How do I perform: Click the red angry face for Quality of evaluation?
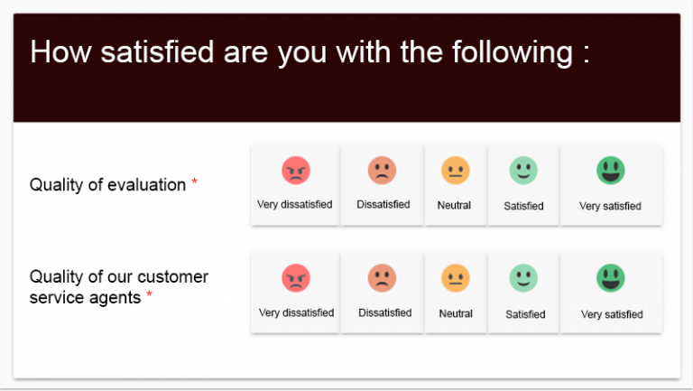295,170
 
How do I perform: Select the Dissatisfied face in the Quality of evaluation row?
382,170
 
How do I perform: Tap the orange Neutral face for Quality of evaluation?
455,170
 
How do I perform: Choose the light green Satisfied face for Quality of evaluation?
523,170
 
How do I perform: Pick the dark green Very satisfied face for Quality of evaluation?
611,170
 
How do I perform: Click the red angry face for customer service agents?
295,277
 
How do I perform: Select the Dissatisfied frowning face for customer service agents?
383,277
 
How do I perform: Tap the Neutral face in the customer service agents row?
456,277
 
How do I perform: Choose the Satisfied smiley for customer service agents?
524,277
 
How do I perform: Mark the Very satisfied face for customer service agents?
611,277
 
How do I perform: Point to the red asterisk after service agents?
149,295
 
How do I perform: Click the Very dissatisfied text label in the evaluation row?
294,204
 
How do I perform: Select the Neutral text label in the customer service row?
456,313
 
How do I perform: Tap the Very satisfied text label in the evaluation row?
610,206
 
